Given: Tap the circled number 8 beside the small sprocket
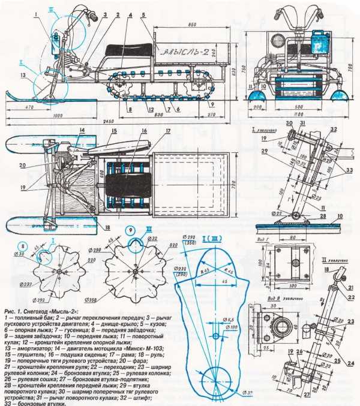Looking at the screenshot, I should tap(22, 245).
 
